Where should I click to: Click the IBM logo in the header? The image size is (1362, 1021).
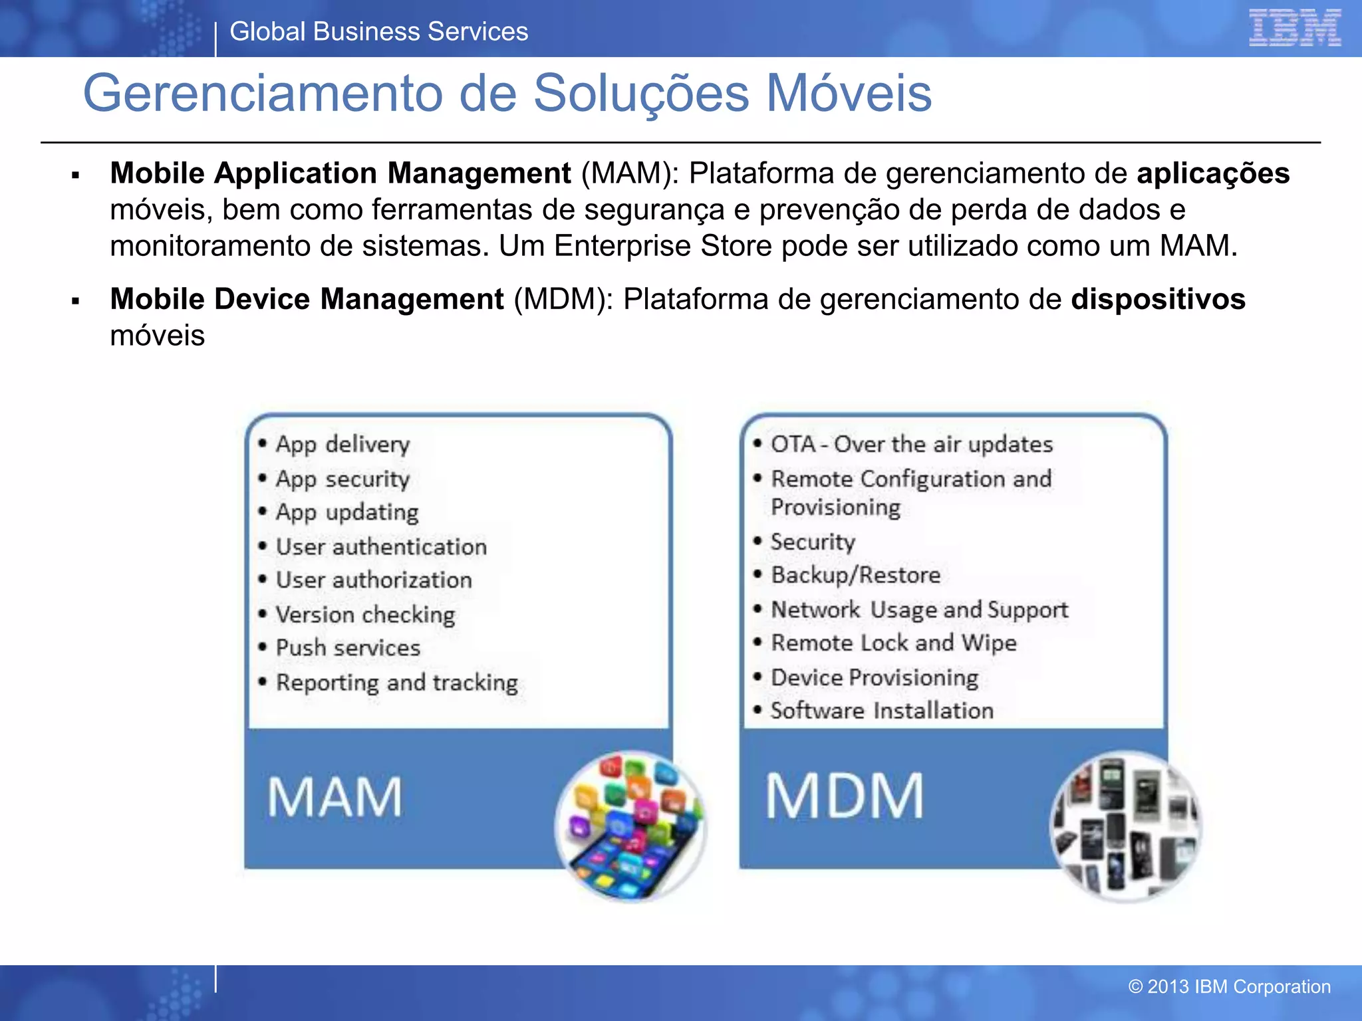[1294, 28]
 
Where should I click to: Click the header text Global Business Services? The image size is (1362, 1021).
[378, 32]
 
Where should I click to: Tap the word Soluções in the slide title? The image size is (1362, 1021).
[640, 93]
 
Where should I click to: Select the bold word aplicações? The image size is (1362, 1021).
[1213, 173]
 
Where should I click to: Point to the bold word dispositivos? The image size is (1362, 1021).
[1158, 299]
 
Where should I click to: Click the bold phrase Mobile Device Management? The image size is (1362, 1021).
[307, 299]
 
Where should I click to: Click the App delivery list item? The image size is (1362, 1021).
[342, 444]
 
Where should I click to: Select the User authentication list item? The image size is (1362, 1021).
[381, 547]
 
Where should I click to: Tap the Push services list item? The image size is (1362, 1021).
[348, 648]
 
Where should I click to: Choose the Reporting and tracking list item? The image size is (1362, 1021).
[396, 683]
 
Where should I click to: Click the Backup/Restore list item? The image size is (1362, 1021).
[855, 575]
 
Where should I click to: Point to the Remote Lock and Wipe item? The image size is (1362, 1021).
[893, 643]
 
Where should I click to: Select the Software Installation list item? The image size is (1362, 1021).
[881, 711]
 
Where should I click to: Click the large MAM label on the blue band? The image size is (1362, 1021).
[335, 797]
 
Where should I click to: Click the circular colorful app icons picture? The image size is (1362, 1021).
[630, 826]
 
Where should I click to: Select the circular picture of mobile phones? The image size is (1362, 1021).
[1125, 826]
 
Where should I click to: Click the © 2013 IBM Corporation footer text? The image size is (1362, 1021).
[1229, 986]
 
